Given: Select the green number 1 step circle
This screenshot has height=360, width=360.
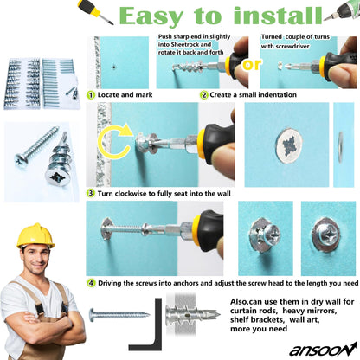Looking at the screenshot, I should pyautogui.click(x=91, y=94).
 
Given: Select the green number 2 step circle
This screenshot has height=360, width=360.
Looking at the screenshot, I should pyautogui.click(x=203, y=94).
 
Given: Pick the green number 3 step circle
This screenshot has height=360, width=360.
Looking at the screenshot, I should pyautogui.click(x=91, y=192).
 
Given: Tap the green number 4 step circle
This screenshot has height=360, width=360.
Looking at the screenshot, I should pyautogui.click(x=91, y=282).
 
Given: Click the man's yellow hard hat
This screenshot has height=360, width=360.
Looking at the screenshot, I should pyautogui.click(x=36, y=235).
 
